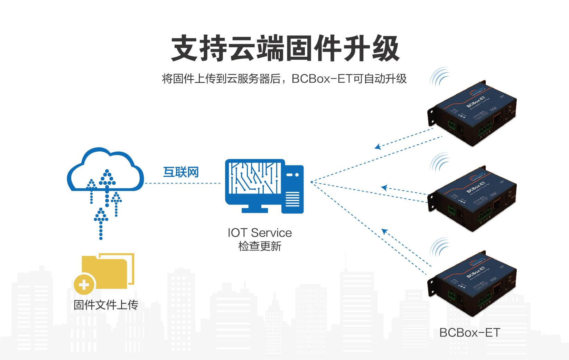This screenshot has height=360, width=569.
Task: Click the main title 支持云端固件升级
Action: (x=285, y=48)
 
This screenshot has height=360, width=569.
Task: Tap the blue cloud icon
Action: (x=105, y=171)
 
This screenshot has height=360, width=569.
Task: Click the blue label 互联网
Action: (x=181, y=172)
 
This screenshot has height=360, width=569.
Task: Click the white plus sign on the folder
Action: (x=84, y=285)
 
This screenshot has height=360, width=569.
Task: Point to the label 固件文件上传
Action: (x=106, y=305)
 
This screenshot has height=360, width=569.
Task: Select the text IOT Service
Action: (x=260, y=233)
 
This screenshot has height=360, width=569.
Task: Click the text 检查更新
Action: (x=260, y=246)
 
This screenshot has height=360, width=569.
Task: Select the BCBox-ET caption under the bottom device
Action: (x=469, y=333)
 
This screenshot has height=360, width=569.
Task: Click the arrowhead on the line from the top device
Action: (x=377, y=147)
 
